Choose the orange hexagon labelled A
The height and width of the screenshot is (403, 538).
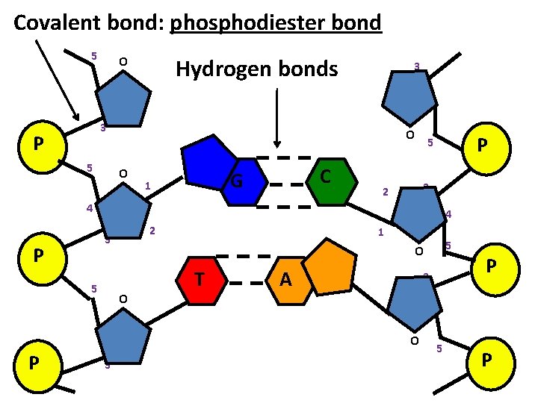[287, 281]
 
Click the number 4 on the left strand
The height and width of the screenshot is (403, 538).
[89, 209]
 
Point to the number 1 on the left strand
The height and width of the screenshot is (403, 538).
[149, 186]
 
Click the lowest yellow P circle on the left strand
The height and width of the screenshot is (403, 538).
[34, 363]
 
